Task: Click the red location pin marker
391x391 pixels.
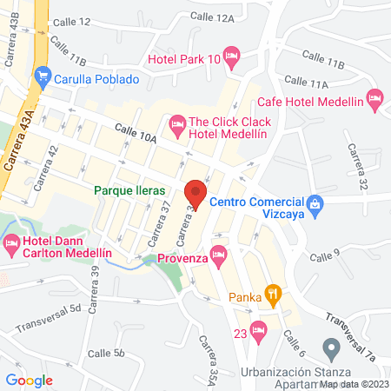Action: point(195,194)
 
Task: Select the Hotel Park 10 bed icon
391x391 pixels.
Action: point(231,58)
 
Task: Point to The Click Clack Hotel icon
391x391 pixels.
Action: point(177,124)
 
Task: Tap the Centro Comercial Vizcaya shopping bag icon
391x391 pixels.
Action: point(315,205)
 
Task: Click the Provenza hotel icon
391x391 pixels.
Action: point(217,255)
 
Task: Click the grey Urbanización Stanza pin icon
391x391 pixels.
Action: point(330,349)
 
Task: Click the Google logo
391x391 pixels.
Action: point(30,380)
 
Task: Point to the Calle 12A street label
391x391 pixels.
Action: point(214,17)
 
